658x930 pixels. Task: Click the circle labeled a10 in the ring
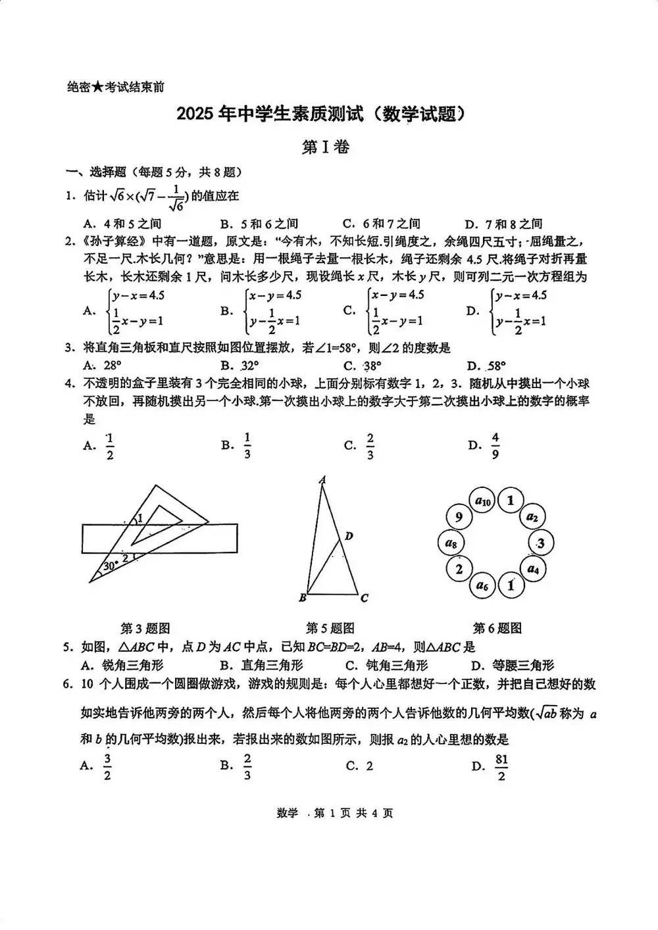tap(484, 502)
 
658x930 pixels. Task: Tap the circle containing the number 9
tap(459, 517)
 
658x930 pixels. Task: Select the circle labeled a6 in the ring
tap(483, 585)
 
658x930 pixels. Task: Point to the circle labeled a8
tap(451, 543)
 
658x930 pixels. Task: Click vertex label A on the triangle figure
tap(322, 480)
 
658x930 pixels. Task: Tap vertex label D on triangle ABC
tap(349, 536)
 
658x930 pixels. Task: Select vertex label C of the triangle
tap(364, 598)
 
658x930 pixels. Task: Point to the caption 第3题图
tap(145, 628)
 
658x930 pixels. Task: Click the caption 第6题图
tap(497, 628)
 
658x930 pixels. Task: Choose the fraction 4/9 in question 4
tap(495, 445)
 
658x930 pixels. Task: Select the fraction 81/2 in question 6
tap(501, 767)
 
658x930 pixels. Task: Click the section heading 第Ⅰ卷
tap(326, 147)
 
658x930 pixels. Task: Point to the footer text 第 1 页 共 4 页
tap(353, 813)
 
